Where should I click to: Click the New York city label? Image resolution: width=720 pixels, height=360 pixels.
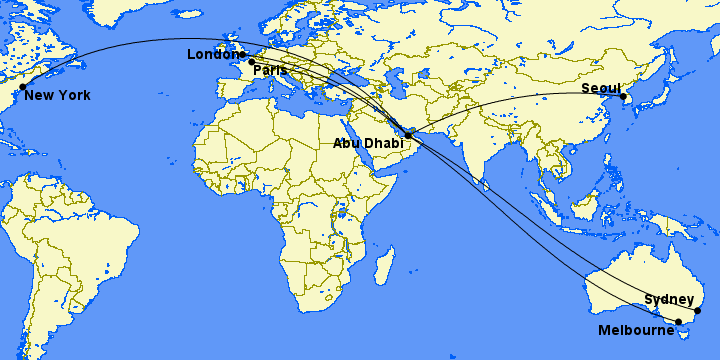pyautogui.click(x=57, y=96)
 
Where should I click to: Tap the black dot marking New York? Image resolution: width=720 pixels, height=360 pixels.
pyautogui.click(x=22, y=87)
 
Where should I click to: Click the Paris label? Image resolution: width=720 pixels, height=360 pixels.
pyautogui.click(x=270, y=70)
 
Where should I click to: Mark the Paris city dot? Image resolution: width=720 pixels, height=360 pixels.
pyautogui.click(x=251, y=62)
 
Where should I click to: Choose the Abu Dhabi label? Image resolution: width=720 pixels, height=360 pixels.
pyautogui.click(x=369, y=144)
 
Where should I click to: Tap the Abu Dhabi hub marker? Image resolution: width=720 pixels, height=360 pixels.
pyautogui.click(x=408, y=134)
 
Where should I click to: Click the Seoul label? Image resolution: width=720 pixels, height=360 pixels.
pyautogui.click(x=601, y=89)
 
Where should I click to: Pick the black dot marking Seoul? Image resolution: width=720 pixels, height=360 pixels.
pyautogui.click(x=622, y=97)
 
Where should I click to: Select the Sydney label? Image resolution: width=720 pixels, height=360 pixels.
pyautogui.click(x=669, y=299)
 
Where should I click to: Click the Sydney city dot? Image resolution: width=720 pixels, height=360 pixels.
pyautogui.click(x=698, y=311)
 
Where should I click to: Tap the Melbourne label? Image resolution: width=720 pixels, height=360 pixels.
pyautogui.click(x=635, y=330)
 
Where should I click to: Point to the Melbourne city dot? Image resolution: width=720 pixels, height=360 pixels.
pyautogui.click(x=678, y=322)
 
